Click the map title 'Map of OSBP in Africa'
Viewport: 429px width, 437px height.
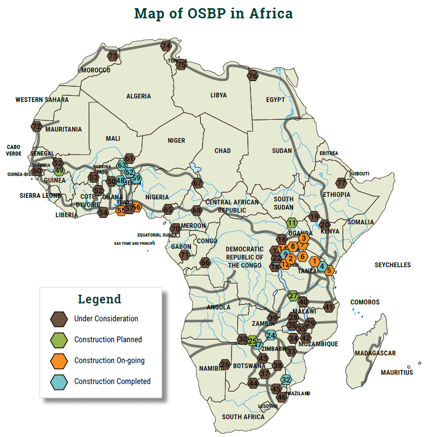pyautogui.click(x=214, y=13)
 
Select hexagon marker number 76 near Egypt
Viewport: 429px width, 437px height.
pyautogui.click(x=253, y=76)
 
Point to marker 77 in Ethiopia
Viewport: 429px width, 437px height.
pyautogui.click(x=341, y=183)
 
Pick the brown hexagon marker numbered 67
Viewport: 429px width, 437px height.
pyautogui.click(x=197, y=184)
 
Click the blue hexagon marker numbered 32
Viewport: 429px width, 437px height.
pyautogui.click(x=287, y=379)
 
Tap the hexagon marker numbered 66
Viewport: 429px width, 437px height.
pyautogui.click(x=205, y=263)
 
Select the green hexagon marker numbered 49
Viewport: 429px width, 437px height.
pyautogui.click(x=59, y=171)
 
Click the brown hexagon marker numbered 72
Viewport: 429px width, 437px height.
pyautogui.click(x=36, y=126)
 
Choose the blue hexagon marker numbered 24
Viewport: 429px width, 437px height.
pyautogui.click(x=271, y=335)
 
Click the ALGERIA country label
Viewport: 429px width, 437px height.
pyautogui.click(x=138, y=96)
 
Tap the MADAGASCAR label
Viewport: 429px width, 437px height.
pyautogui.click(x=375, y=353)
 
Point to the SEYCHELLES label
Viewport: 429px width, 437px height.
pyautogui.click(x=392, y=265)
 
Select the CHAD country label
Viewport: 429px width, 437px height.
pyautogui.click(x=222, y=150)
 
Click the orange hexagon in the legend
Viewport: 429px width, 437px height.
pyautogui.click(x=59, y=361)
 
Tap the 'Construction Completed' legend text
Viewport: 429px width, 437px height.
pyautogui.click(x=112, y=381)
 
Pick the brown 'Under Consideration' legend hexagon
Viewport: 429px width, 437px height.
pyautogui.click(x=59, y=319)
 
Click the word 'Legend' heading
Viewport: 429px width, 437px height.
pyautogui.click(x=100, y=299)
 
